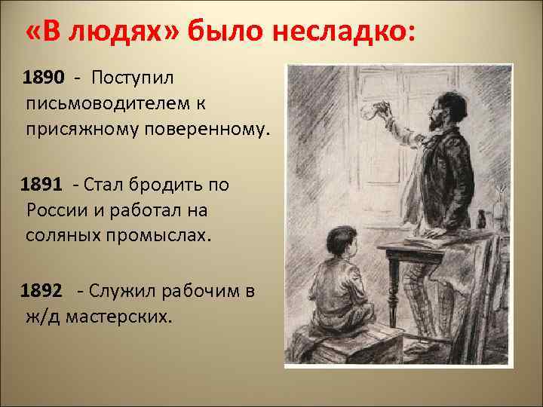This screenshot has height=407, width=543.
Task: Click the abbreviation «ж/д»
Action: (42, 317)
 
